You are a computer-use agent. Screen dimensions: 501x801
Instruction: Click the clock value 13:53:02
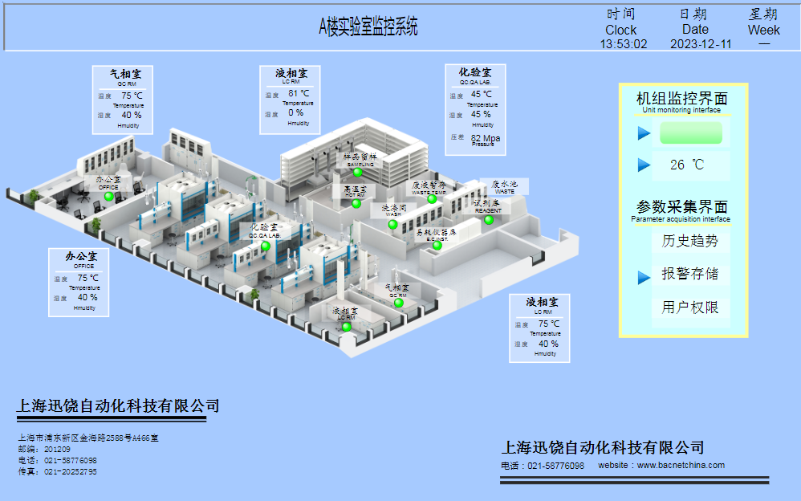624,44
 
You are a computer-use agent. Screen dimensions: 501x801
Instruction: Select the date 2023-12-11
701,44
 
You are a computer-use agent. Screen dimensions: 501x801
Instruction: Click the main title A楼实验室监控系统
368,26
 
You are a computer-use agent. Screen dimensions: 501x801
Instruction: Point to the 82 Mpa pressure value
486,138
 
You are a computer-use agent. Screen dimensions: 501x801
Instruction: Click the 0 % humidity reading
295,113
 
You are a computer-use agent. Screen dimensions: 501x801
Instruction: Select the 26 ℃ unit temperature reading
687,165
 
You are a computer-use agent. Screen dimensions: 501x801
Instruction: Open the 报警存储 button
690,274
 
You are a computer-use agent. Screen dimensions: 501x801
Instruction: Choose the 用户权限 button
690,308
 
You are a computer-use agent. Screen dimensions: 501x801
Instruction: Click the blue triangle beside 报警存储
644,277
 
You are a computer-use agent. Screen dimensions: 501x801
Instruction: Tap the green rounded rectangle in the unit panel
690,133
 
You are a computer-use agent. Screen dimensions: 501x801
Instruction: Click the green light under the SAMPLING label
357,173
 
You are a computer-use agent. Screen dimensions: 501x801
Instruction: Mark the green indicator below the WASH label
392,225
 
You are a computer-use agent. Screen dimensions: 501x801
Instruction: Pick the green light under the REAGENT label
488,220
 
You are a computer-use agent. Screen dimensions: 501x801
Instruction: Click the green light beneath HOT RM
356,204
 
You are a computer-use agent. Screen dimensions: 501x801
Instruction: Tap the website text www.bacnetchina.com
681,465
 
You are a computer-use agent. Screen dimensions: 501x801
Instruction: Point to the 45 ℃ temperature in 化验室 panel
482,94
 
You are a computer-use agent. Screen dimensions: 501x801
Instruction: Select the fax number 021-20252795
71,472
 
